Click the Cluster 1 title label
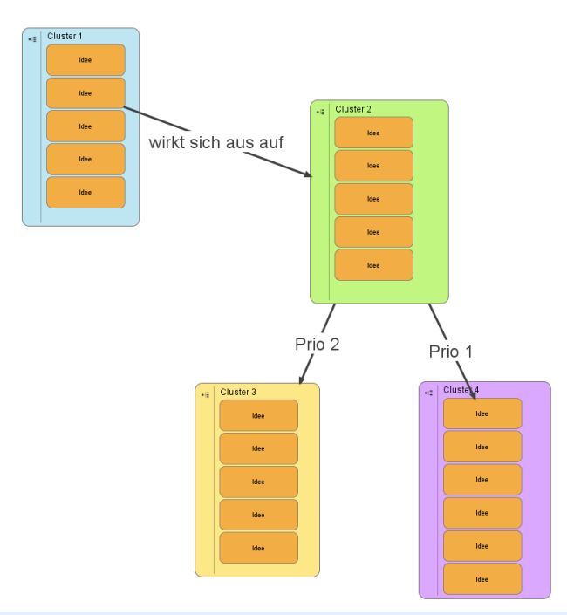64,36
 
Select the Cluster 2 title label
353,109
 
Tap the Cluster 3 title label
238,392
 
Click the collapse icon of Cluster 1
31,38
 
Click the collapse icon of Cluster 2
320,112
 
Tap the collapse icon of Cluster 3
204,394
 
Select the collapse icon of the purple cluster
428,393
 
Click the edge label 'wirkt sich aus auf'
215,141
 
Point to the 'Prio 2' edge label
317,344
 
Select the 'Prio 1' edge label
451,352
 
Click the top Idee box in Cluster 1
85,60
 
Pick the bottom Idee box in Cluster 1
85,192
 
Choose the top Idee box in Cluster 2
373,133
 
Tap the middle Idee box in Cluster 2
373,199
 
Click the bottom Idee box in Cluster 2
373,265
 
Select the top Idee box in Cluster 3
258,415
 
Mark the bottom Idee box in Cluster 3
258,548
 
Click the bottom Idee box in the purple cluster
482,578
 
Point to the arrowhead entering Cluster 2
307,175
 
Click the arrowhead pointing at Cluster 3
301,380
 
